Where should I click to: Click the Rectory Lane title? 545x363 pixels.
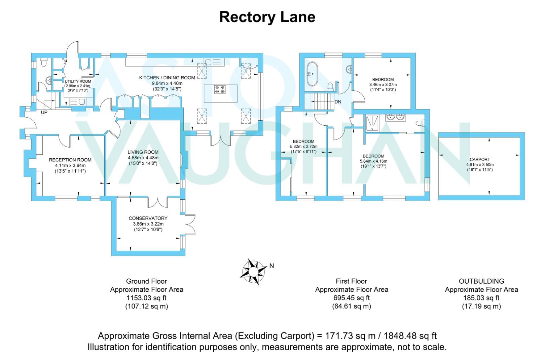(x=267, y=17)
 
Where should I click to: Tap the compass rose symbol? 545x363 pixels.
(x=254, y=271)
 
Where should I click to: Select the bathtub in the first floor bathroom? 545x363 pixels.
(x=312, y=74)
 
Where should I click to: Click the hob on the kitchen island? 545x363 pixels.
(x=220, y=89)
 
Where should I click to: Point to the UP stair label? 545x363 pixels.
(x=44, y=112)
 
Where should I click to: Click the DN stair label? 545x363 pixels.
(x=338, y=102)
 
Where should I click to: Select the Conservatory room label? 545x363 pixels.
(x=148, y=218)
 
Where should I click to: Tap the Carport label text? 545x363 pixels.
(x=479, y=160)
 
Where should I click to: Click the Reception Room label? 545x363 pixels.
(x=70, y=160)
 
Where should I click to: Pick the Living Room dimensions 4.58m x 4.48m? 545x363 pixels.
(x=143, y=158)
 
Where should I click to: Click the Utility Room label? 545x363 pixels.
(x=78, y=81)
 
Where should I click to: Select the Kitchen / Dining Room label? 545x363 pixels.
(x=167, y=78)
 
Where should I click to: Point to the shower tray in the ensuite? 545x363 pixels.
(x=372, y=123)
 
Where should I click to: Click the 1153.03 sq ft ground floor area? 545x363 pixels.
(x=146, y=298)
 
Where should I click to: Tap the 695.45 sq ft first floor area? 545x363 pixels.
(x=351, y=298)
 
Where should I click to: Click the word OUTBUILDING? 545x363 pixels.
(x=481, y=281)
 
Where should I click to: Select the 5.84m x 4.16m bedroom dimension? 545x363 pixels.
(x=373, y=161)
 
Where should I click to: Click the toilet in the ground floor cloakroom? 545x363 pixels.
(x=44, y=62)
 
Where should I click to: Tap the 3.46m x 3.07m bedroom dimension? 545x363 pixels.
(x=383, y=85)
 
